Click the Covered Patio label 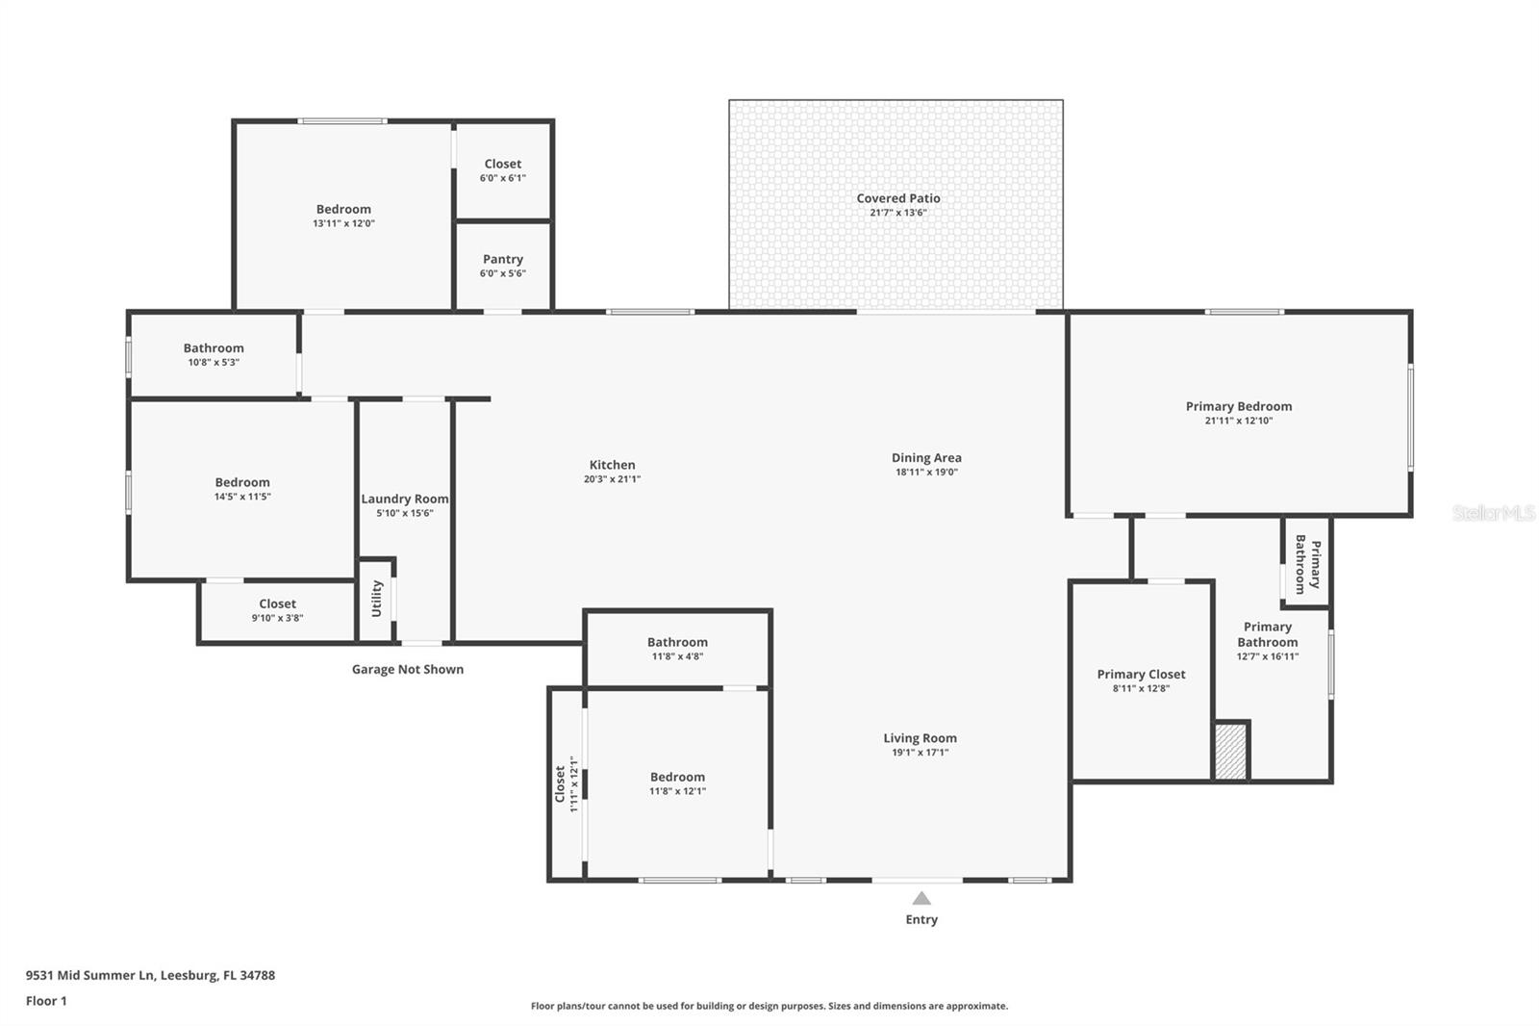point(898,199)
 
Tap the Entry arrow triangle point(921,899)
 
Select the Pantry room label point(503,260)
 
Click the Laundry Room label point(405,500)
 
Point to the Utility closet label point(377,599)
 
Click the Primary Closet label point(1141,675)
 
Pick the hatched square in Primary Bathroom point(1230,752)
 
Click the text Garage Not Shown point(408,670)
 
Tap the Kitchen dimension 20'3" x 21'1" point(612,479)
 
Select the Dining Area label point(926,458)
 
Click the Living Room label point(921,739)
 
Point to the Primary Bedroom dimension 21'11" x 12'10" point(1239,421)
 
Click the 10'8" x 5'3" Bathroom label point(214,349)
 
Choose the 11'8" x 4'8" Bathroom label point(677,643)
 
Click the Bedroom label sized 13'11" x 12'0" point(343,210)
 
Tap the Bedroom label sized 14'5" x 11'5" point(242,483)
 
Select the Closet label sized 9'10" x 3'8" point(277,604)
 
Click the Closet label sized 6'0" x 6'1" point(503,165)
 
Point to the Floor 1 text point(46,1001)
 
